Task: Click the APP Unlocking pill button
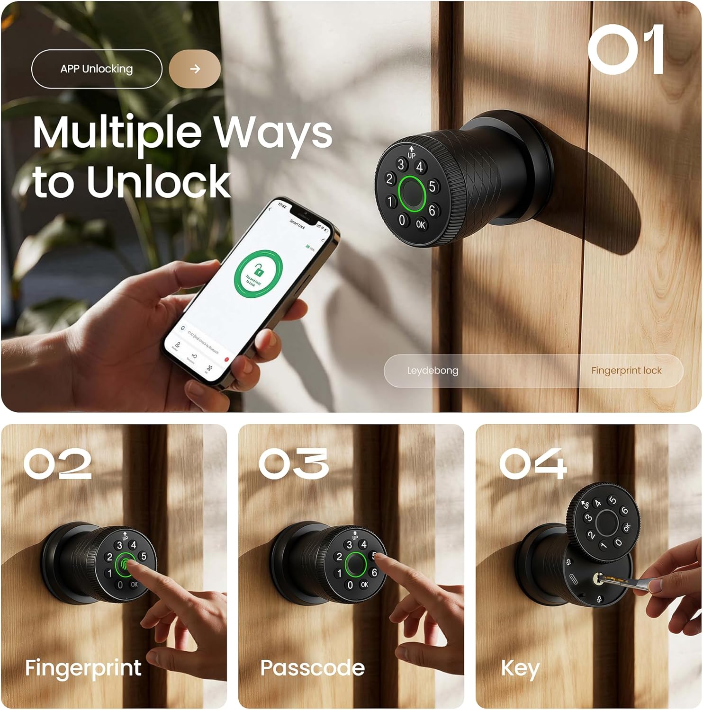[97, 69]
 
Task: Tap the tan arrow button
[195, 69]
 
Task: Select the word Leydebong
[433, 371]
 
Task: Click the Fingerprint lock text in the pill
[626, 371]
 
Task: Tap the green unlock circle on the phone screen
[258, 274]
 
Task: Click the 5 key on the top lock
[432, 186]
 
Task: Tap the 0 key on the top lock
[402, 220]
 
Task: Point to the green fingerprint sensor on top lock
[411, 193]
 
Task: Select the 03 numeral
[294, 463]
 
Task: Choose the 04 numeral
[533, 463]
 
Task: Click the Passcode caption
[313, 668]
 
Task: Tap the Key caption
[520, 668]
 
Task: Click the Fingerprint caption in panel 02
[83, 668]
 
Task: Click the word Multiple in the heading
[117, 133]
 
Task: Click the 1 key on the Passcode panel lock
[339, 573]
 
